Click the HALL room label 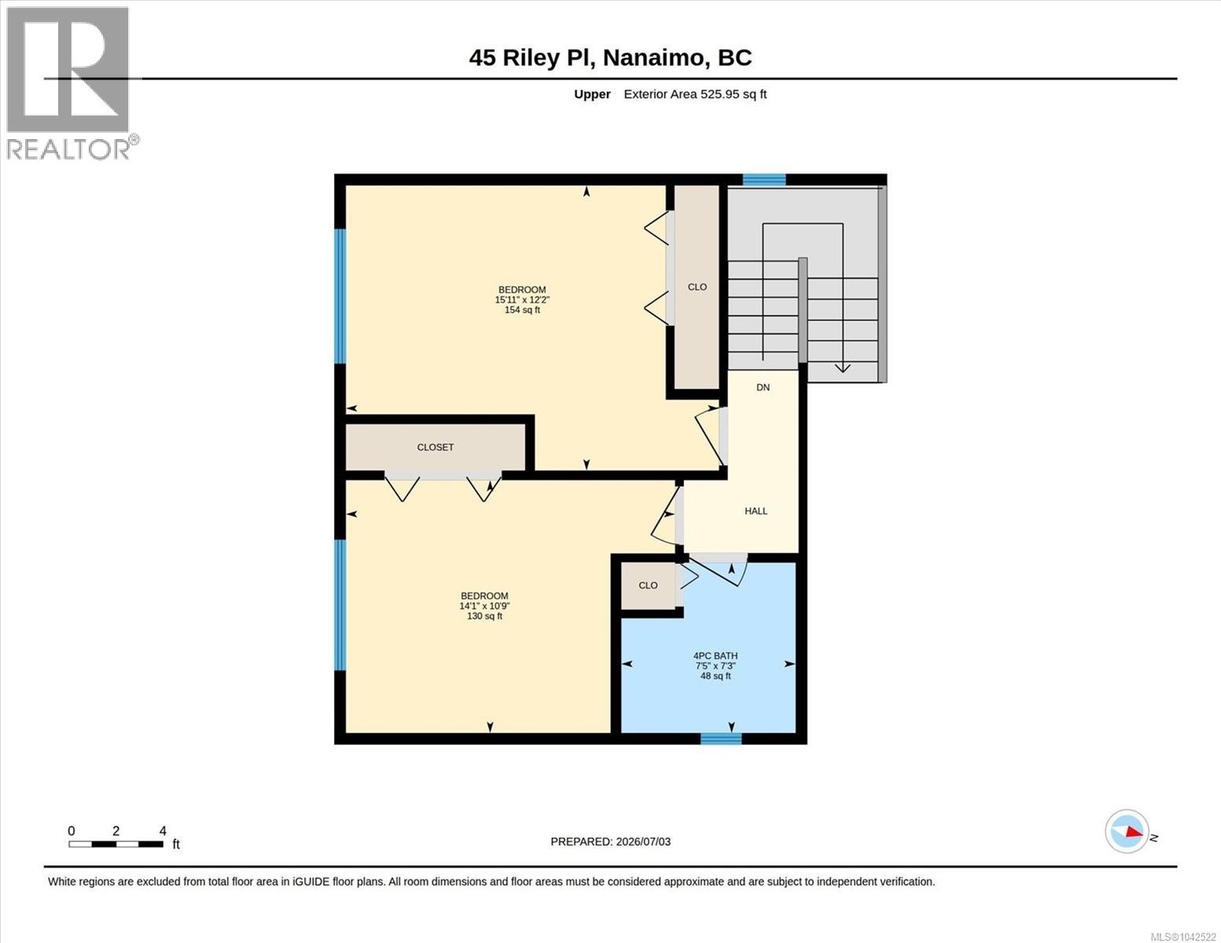(x=756, y=511)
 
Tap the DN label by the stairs (x=763, y=387)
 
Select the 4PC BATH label (x=715, y=656)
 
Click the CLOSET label (x=436, y=448)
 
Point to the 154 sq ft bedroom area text (x=522, y=310)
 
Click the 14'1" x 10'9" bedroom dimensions (x=484, y=606)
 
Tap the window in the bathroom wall (x=721, y=739)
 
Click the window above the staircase (x=764, y=180)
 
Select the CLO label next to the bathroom (x=648, y=585)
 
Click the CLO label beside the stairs (x=697, y=287)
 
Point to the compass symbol (x=1127, y=831)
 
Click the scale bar (x=116, y=844)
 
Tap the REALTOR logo (x=70, y=83)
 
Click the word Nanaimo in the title (x=653, y=57)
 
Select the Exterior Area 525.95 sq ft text (x=695, y=94)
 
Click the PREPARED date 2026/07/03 (x=643, y=842)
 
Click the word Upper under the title (x=592, y=94)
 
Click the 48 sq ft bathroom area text (x=715, y=677)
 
